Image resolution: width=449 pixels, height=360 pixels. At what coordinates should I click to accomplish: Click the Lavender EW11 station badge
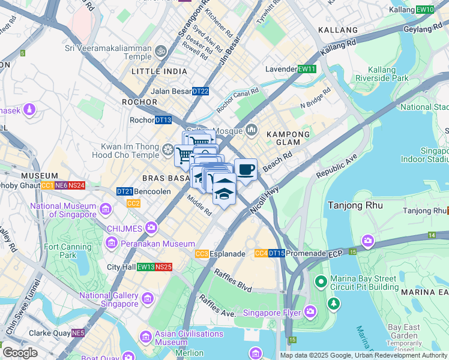pyautogui.click(x=307, y=69)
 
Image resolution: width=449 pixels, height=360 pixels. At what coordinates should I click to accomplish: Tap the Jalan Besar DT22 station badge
pyautogui.click(x=200, y=91)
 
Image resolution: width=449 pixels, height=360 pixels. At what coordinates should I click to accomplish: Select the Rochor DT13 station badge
pyautogui.click(x=163, y=120)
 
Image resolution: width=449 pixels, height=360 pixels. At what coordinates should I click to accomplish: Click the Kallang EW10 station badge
pyautogui.click(x=425, y=10)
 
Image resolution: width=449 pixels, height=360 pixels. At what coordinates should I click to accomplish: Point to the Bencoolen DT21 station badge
pyautogui.click(x=125, y=191)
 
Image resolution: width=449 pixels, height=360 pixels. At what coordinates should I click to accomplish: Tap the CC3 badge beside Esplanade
pyautogui.click(x=202, y=254)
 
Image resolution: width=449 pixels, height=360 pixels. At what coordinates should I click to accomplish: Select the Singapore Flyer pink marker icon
pyautogui.click(x=310, y=311)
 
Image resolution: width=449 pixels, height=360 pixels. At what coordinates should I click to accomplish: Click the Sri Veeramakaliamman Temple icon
pyautogui.click(x=161, y=52)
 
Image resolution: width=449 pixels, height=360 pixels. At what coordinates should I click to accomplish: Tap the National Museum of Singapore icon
pyautogui.click(x=106, y=209)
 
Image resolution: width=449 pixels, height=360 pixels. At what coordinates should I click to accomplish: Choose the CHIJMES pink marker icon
pyautogui.click(x=151, y=227)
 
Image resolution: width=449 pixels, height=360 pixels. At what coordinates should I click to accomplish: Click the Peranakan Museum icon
pyautogui.click(x=112, y=243)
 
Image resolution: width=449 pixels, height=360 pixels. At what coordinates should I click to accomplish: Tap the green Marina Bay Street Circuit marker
pyautogui.click(x=321, y=281)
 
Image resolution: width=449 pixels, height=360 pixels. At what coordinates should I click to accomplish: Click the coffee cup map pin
pyautogui.click(x=246, y=170)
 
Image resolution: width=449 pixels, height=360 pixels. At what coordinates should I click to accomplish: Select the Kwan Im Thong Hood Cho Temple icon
pyautogui.click(x=168, y=148)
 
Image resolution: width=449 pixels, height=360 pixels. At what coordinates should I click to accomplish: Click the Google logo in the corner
pyautogui.click(x=20, y=353)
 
